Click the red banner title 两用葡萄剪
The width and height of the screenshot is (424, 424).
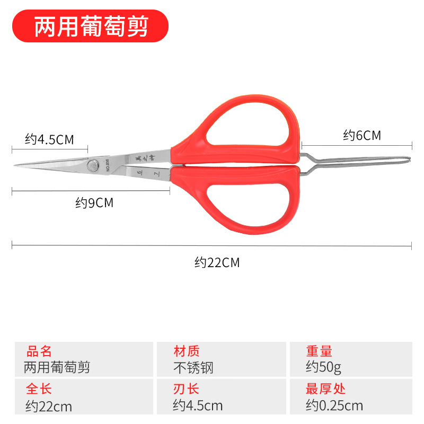91,26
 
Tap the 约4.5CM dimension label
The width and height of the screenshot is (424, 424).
49,140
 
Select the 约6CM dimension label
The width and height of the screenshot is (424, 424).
362,136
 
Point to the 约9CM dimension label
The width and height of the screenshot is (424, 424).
94,202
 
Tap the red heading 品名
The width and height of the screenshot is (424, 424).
39,351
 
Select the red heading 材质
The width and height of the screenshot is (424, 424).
187,351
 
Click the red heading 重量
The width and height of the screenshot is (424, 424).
319,351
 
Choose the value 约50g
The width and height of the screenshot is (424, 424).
323,367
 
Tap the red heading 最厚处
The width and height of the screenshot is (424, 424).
325,389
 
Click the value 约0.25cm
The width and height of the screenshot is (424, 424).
334,406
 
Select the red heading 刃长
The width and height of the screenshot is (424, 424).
187,389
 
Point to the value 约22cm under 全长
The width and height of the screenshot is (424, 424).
48,407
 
